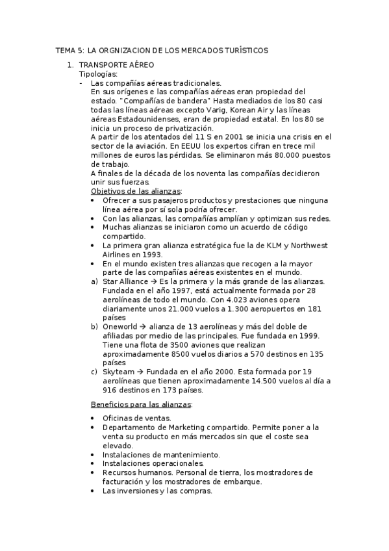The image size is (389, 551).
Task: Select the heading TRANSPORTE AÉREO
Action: pos(116,66)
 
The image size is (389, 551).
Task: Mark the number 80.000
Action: pos(268,156)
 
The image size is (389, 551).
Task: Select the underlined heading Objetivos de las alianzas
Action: pos(136,192)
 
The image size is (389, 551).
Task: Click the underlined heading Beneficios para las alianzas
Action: pos(142,404)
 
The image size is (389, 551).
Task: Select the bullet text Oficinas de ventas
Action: pos(137,418)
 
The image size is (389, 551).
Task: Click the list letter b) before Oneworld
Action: pos(95,326)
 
